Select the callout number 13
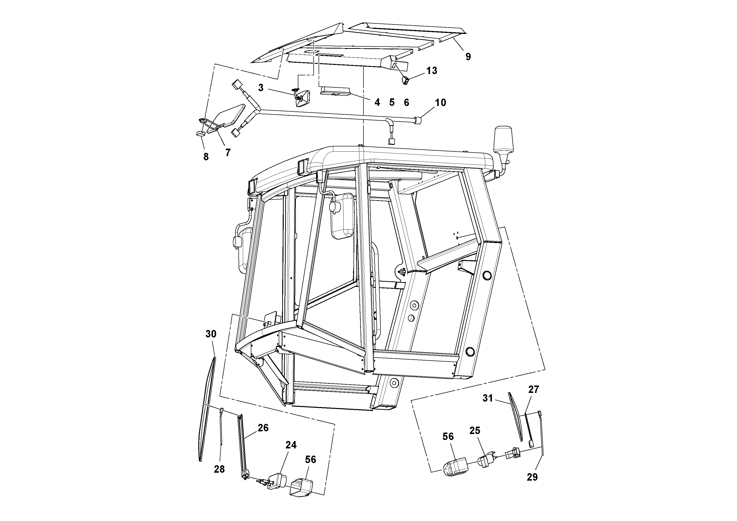[432, 71]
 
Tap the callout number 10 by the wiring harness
[440, 103]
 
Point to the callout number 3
[261, 88]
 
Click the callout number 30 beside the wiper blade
[211, 334]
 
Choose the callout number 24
[291, 445]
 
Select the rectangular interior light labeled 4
[335, 92]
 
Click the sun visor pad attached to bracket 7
[230, 116]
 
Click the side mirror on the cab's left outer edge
[241, 247]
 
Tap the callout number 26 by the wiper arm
[263, 428]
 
